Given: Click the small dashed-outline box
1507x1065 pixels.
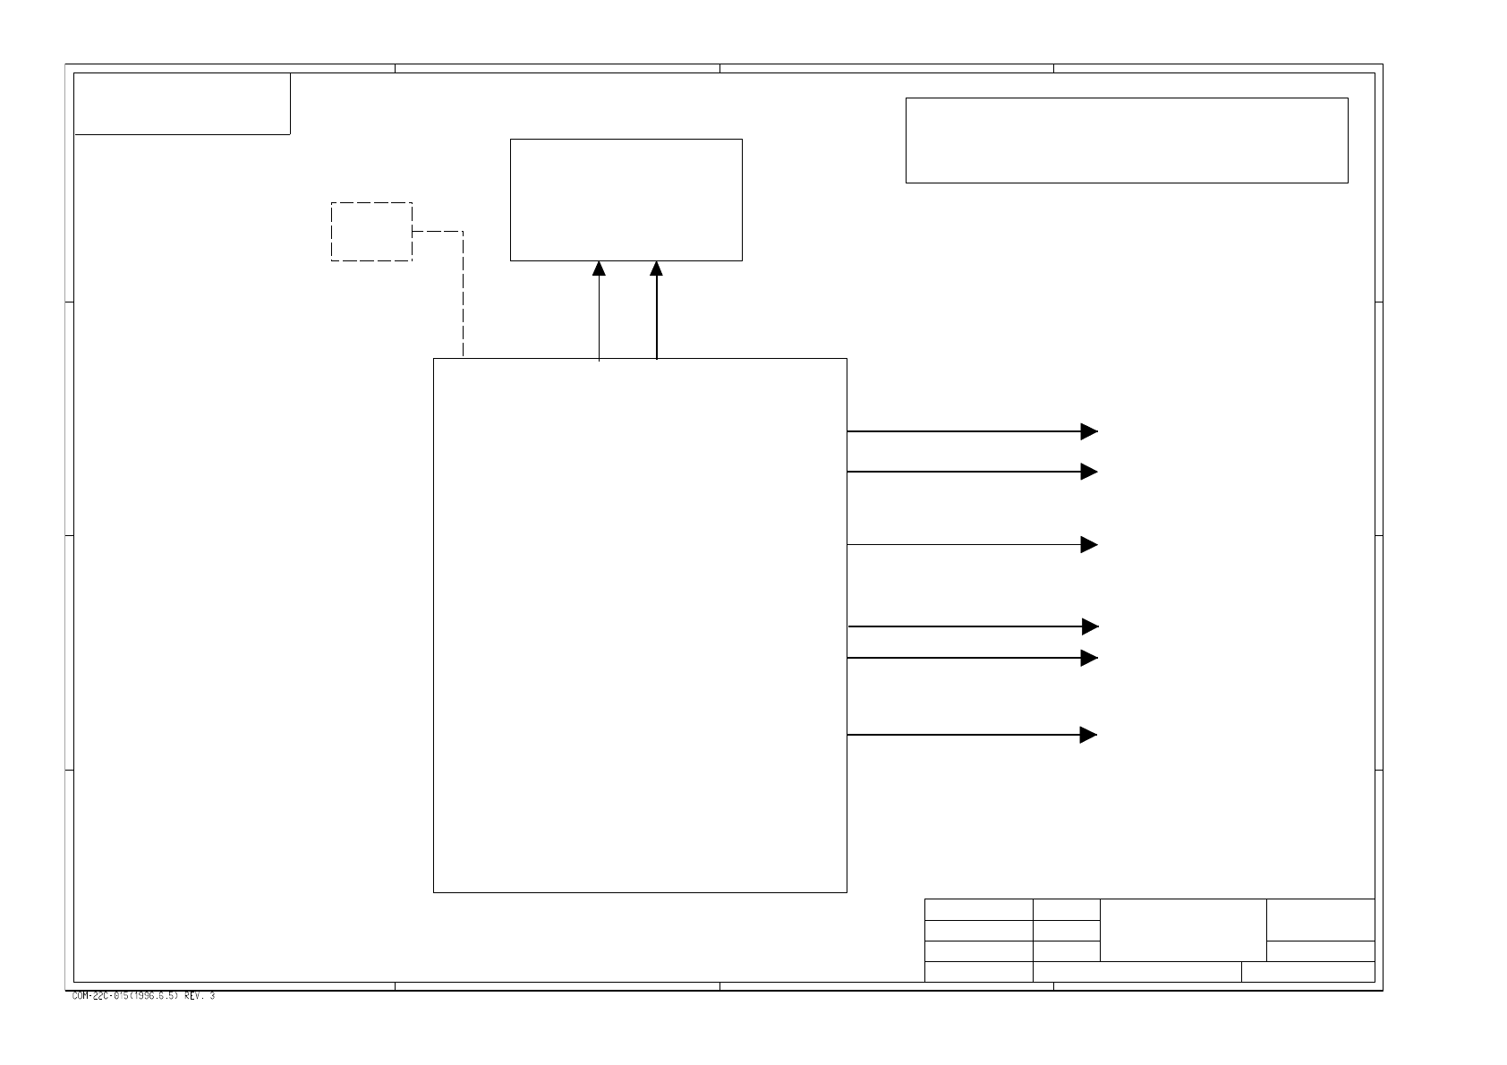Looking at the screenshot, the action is pyautogui.click(x=371, y=232).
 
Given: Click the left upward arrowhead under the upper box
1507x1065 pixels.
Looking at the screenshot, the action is pyautogui.click(x=599, y=268).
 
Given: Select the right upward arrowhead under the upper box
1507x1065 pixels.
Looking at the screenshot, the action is pyautogui.click(x=656, y=268).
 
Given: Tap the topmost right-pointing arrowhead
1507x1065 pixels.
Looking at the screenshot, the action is pyautogui.click(x=1089, y=431).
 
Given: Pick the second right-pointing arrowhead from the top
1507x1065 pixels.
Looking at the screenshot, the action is pyautogui.click(x=1089, y=472).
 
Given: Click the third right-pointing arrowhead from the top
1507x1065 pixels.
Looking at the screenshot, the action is pyautogui.click(x=1089, y=544).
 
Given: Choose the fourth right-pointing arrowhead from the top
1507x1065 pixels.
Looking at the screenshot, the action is pyautogui.click(x=1089, y=626).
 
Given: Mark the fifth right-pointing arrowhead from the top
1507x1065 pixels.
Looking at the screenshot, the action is pyautogui.click(x=1089, y=658).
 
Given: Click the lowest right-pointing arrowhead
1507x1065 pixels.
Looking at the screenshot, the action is pyautogui.click(x=1089, y=735).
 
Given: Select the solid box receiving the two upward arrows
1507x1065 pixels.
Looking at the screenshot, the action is pyautogui.click(x=626, y=200).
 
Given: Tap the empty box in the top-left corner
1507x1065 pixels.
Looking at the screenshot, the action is pyautogui.click(x=182, y=104).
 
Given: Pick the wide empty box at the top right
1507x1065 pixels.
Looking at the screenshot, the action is pyautogui.click(x=1127, y=141).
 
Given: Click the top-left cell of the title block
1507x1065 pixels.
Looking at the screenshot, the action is pyautogui.click(x=978, y=909).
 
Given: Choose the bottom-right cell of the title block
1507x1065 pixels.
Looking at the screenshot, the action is pyautogui.click(x=1308, y=972).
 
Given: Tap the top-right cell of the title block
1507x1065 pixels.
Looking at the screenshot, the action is pyautogui.click(x=1321, y=919).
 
